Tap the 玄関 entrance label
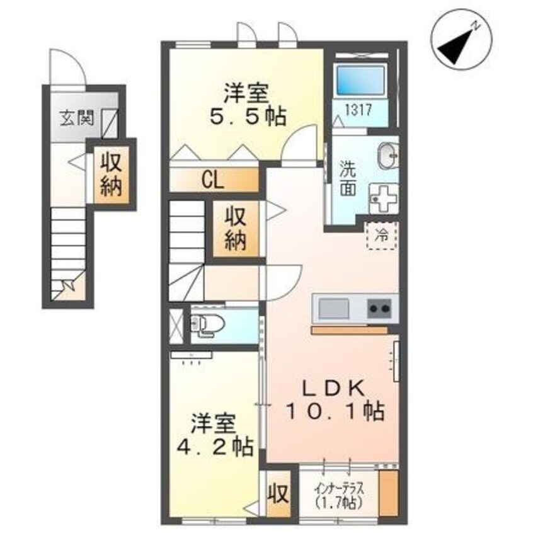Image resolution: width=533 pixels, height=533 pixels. coord(75,118)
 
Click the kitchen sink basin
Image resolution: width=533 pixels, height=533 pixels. coord(334,309)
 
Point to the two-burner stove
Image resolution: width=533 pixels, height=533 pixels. coord(380,309)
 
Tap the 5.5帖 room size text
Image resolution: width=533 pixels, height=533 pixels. coord(247,116)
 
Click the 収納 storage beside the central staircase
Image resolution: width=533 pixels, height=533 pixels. coord(236,229)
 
